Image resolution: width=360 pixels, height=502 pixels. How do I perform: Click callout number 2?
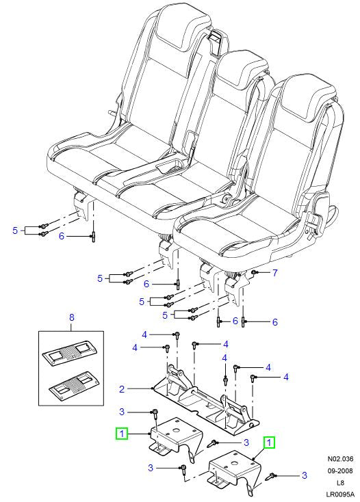121,389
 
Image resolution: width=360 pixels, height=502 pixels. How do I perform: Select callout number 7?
274,274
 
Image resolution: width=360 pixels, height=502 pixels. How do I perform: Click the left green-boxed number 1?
121,434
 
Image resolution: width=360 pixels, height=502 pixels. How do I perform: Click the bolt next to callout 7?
255,273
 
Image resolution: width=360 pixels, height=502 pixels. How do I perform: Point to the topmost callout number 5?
15,231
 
